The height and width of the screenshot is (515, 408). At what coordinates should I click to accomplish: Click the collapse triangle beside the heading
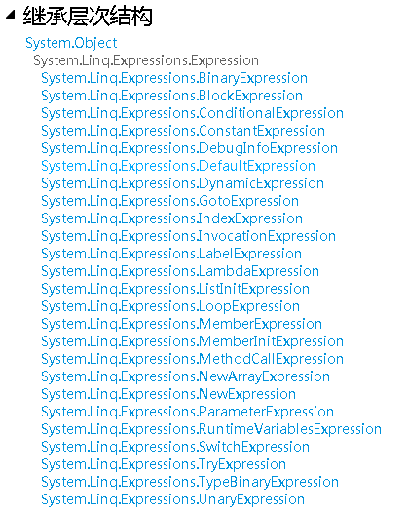11,15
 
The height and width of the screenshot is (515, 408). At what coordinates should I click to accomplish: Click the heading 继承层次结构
88,16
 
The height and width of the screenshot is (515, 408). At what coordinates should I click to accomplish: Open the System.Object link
71,43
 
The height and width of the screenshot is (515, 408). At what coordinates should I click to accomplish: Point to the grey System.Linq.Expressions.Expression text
146,60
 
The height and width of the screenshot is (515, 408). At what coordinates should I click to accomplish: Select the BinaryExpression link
174,78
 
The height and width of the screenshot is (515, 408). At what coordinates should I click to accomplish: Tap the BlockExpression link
171,96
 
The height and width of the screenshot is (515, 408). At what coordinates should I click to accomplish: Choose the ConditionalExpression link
192,114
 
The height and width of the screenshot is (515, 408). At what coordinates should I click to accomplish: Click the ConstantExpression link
183,131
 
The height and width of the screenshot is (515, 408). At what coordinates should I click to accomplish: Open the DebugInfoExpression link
189,149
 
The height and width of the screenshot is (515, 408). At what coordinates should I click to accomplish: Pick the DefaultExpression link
178,166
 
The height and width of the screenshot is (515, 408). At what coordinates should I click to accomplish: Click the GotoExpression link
169,201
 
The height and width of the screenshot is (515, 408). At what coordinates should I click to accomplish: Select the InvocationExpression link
188,236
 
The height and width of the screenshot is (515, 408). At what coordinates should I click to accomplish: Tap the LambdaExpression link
180,271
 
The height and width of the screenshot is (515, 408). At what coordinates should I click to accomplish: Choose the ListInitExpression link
175,289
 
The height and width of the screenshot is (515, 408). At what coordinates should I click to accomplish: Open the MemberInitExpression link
192,342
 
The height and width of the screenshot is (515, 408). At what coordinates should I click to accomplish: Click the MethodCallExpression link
192,359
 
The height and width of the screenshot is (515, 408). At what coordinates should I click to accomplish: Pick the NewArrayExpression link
185,377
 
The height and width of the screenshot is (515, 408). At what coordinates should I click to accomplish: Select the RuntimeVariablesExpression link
211,429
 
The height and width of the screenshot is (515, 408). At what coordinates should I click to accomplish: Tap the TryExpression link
164,464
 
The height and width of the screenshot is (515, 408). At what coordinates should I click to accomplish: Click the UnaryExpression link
173,500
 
